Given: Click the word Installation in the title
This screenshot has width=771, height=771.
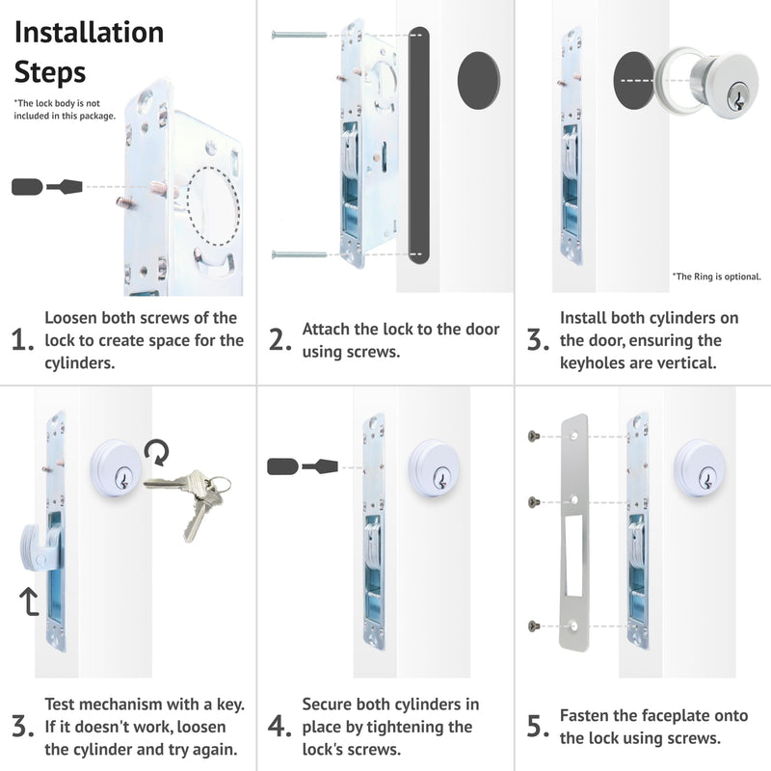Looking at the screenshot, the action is (x=89, y=33).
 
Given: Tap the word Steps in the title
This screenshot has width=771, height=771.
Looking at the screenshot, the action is (x=50, y=73).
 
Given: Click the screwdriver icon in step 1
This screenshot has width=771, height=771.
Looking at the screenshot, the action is (x=46, y=187).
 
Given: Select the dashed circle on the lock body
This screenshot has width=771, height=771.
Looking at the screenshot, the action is (x=213, y=206).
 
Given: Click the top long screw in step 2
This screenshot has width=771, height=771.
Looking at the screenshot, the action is (x=299, y=35).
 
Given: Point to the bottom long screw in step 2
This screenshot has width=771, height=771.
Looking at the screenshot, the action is (x=299, y=254).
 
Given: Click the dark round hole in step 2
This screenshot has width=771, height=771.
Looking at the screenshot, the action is (x=478, y=80).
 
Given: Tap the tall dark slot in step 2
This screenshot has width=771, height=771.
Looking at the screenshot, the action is (x=419, y=146).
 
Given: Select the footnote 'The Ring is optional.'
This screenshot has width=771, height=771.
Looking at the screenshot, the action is (x=716, y=277).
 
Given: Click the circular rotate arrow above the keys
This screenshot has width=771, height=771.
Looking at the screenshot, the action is (x=157, y=452).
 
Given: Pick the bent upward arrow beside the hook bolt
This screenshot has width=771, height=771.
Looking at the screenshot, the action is (x=29, y=600).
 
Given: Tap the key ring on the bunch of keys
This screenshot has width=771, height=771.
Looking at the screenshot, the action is (x=220, y=485).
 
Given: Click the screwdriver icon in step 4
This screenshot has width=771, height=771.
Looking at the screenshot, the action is (x=303, y=466).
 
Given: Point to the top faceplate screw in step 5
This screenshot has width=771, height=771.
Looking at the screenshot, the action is (x=534, y=436).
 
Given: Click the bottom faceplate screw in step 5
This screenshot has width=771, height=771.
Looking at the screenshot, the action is (x=534, y=625).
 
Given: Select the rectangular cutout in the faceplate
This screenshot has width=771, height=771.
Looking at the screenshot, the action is (x=573, y=555).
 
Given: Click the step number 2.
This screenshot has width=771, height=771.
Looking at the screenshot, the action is (x=279, y=340).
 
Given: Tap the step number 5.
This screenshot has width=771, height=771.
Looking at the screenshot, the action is (x=538, y=727).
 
